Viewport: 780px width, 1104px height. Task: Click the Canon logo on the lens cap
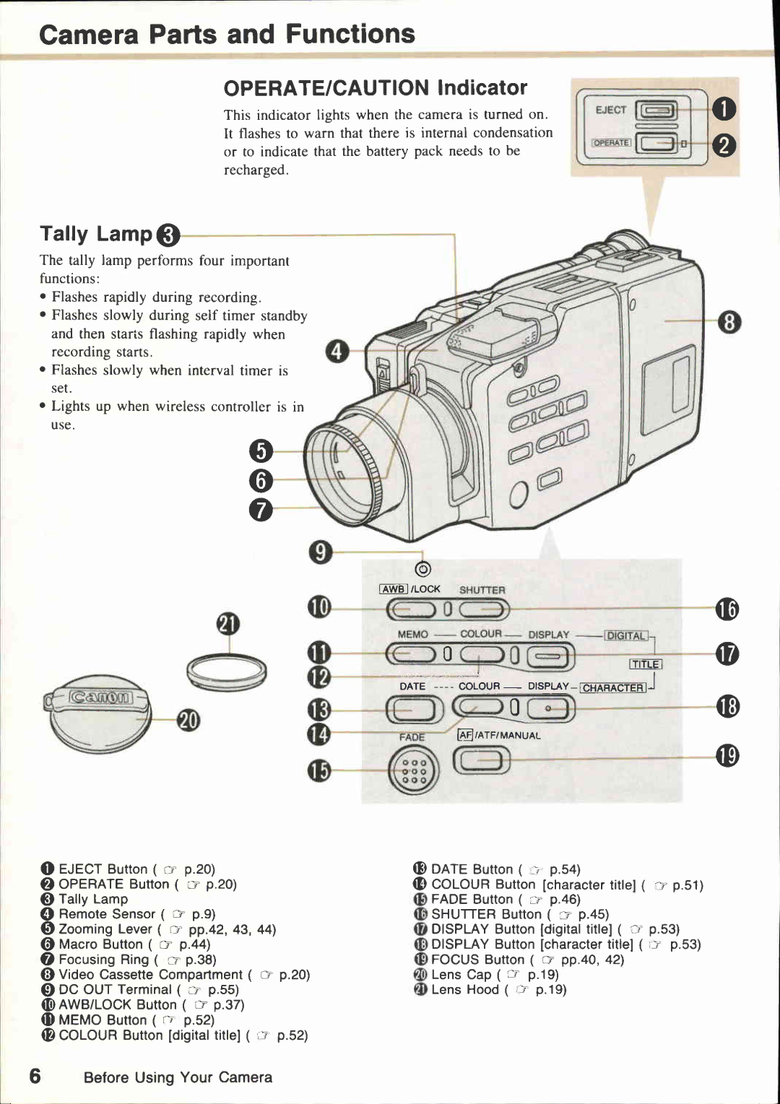[x=100, y=697]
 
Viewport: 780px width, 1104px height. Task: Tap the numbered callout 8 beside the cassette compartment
[x=729, y=321]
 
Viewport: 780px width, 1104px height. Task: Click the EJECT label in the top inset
[x=610, y=110]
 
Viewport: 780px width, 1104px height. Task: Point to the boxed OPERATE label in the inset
[x=611, y=143]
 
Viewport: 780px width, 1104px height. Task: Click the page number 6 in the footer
[x=35, y=1077]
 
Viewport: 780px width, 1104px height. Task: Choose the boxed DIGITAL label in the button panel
[x=626, y=635]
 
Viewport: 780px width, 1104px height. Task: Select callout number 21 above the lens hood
[x=228, y=624]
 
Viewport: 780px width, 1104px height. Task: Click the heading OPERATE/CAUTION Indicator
[x=375, y=88]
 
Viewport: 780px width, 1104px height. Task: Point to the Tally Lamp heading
[x=96, y=234]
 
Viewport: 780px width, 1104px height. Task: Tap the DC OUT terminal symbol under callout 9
[x=423, y=570]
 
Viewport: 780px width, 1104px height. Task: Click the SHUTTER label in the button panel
[x=482, y=590]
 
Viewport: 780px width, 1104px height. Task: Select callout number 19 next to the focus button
[x=727, y=756]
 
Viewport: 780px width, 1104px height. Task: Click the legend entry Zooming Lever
[x=106, y=929]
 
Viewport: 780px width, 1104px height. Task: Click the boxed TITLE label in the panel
[x=645, y=664]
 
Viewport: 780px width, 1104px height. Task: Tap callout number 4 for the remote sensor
[x=337, y=352]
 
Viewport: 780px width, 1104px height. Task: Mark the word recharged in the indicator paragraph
[x=255, y=170]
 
